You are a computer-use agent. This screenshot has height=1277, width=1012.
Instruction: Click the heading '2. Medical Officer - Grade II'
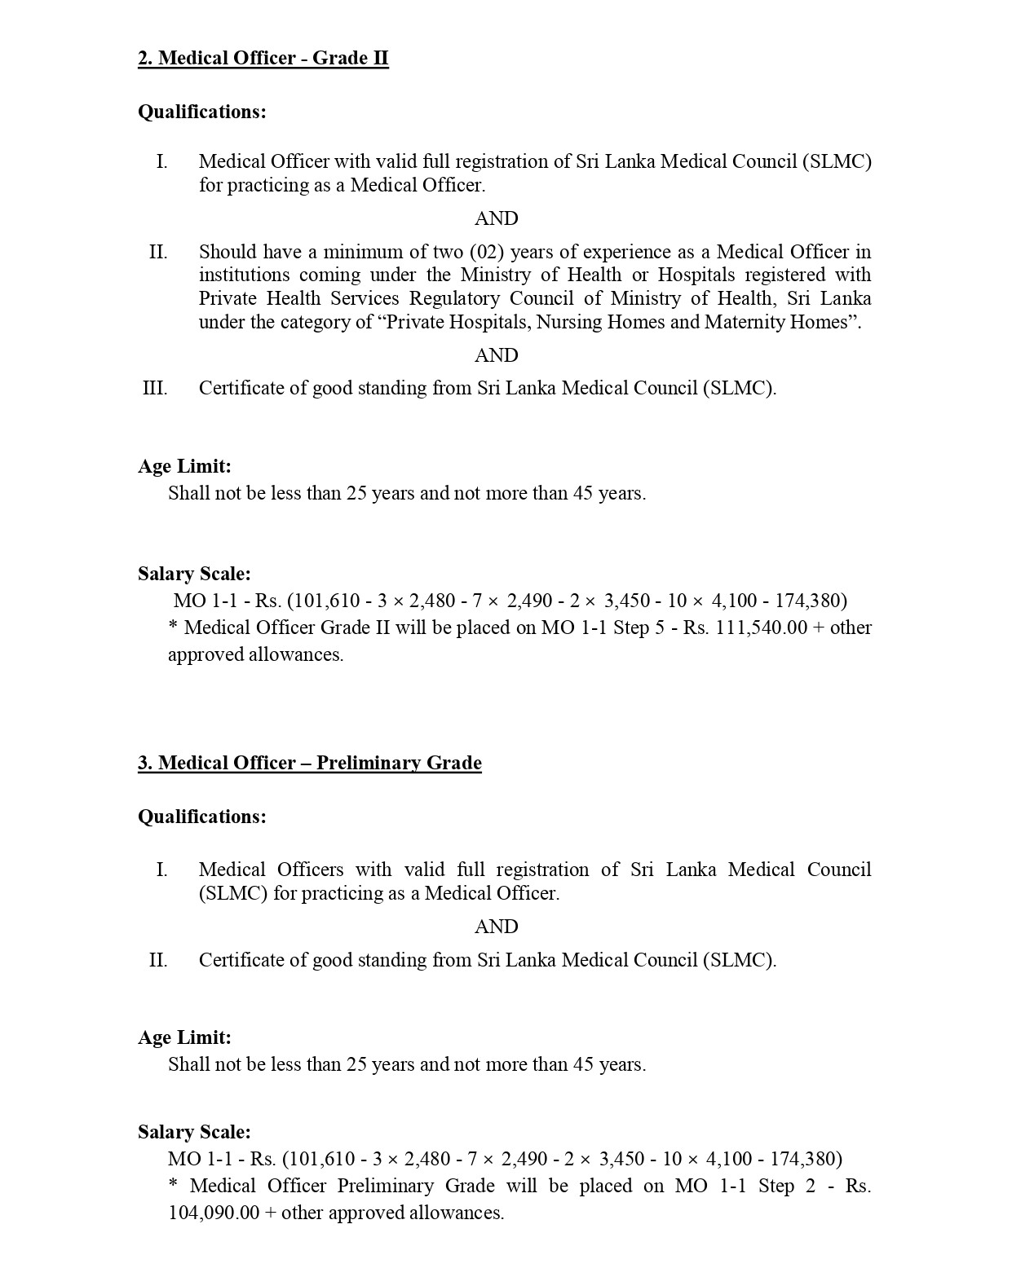coord(263,58)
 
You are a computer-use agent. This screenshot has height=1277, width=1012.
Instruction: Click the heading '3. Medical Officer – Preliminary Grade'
coord(309,763)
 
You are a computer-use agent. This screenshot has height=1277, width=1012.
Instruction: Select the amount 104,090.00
coord(214,1213)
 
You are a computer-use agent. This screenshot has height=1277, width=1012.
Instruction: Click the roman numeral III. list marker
coord(155,388)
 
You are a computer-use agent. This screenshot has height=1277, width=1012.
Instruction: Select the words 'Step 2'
coord(786,1186)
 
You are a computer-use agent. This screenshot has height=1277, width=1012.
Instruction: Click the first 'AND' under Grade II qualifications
coord(496,218)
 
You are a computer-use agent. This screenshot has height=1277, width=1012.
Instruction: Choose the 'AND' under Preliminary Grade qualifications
coord(496,927)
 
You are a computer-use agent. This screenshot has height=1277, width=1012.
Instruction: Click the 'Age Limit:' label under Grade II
coord(184,466)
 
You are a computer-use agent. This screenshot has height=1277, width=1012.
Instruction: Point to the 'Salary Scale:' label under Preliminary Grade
coord(194,1132)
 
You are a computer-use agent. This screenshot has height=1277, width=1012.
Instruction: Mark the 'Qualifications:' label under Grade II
coord(201,112)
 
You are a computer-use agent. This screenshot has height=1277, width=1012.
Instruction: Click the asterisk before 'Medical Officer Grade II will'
coord(173,627)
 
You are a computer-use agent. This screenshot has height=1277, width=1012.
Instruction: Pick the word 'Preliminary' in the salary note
coord(383,1186)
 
